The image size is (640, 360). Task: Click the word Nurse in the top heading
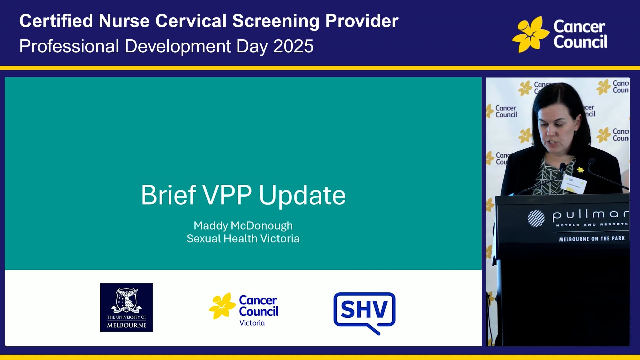point(124,21)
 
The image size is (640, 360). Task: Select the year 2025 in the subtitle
point(293,46)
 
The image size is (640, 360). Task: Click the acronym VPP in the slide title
point(227,195)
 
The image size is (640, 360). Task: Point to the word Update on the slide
point(302,195)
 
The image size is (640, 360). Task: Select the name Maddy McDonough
point(243,226)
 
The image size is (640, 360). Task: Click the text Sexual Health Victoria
point(243,239)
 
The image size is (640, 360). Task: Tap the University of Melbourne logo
point(126,307)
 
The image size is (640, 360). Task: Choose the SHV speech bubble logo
point(364,312)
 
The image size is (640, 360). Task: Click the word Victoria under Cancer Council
point(252,323)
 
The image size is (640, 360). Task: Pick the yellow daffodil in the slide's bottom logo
point(222,306)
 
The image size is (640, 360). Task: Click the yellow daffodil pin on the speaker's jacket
point(580,170)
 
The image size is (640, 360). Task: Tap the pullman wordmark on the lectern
point(590,215)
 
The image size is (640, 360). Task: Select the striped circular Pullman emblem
point(536,219)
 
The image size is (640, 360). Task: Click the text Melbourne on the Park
point(592,239)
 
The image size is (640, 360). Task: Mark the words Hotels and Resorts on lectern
point(592,225)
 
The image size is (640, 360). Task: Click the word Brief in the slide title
point(168,195)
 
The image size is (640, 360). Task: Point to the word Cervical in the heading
point(191,21)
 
